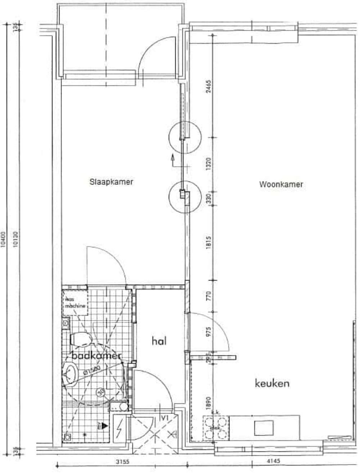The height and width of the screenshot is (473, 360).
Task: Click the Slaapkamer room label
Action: (111, 182)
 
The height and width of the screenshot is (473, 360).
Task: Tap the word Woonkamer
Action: (281, 184)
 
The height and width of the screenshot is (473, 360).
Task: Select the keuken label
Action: (272, 383)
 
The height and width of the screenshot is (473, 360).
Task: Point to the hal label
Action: (159, 341)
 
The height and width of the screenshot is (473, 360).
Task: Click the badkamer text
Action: (96, 356)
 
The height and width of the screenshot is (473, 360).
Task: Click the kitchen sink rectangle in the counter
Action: (264, 428)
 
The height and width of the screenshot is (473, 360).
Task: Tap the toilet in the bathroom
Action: (78, 339)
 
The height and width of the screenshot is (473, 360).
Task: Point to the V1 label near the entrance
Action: (165, 418)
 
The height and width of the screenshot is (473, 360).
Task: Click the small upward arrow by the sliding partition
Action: (172, 158)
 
